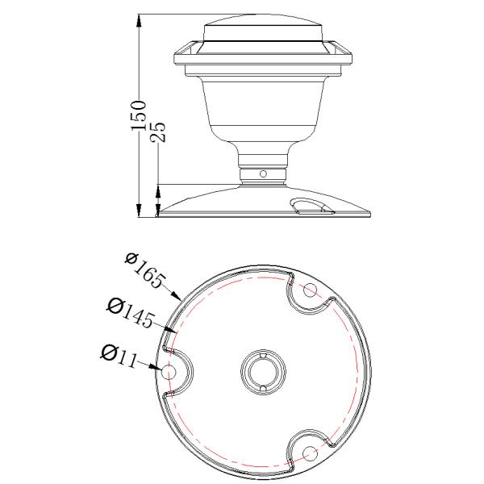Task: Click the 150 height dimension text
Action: click(x=140, y=116)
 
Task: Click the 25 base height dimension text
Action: click(x=159, y=132)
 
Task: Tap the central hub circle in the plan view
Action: click(x=264, y=372)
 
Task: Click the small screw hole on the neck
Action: click(x=263, y=173)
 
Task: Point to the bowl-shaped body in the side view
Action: click(x=264, y=105)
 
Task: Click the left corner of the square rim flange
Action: click(x=175, y=55)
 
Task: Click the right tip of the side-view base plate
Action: click(x=371, y=215)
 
